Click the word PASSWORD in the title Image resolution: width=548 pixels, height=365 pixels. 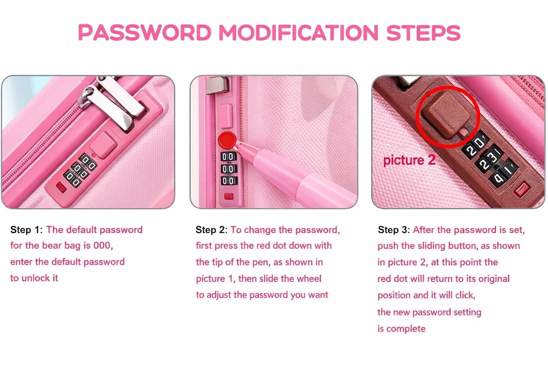pos(145,33)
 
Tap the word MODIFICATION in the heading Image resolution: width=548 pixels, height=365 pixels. pos(298,33)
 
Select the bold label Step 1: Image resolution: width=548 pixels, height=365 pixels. pos(26,230)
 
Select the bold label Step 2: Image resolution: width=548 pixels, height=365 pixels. pos(212,230)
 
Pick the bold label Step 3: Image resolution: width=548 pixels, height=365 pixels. pos(394,230)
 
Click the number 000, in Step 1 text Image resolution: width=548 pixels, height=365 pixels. pos(103,246)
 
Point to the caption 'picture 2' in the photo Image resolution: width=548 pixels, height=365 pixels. pos(409,160)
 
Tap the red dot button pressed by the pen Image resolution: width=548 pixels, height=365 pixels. pos(227,140)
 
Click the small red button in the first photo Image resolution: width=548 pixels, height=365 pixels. pos(61,187)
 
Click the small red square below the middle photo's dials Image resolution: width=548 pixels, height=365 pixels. pos(228,196)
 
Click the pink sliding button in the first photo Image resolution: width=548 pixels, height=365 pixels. pos(103,145)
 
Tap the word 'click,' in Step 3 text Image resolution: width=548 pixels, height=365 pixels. pos(465,295)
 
